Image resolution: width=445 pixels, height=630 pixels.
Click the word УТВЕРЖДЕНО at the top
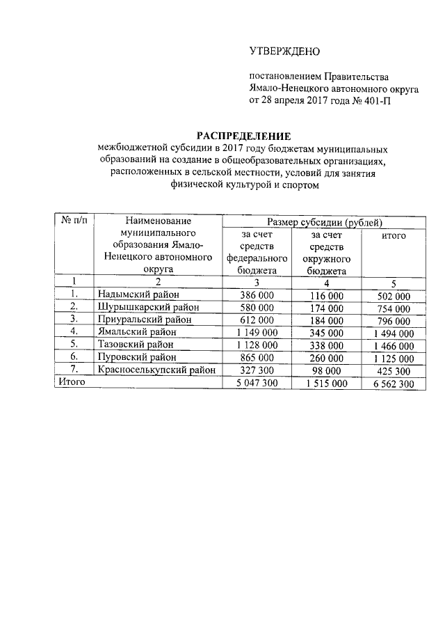click(284, 52)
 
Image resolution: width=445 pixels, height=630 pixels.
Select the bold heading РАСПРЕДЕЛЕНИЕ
click(243, 136)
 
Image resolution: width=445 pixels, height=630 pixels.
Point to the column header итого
click(394, 236)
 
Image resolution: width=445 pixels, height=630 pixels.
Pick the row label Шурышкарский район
click(148, 308)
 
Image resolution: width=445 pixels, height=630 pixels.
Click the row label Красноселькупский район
click(157, 370)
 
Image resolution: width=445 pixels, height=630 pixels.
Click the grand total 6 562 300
click(394, 383)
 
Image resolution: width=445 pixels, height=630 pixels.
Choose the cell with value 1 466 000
click(394, 345)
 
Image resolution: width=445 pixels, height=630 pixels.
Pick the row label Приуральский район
click(145, 320)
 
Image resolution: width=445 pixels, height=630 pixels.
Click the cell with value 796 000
click(394, 321)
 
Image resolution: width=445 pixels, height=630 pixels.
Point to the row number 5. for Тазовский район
click(74, 345)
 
